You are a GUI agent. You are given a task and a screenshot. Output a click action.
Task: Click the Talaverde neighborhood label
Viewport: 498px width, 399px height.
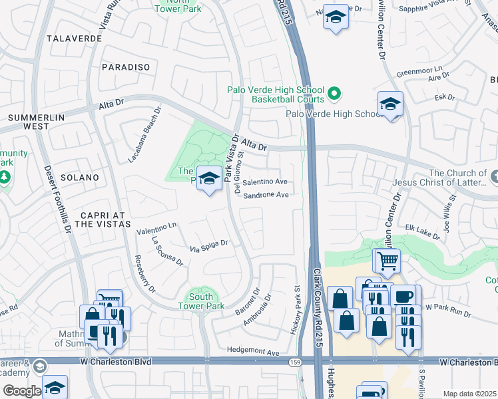click(x=75, y=39)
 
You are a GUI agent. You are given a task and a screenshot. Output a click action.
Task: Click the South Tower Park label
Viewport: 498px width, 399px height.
click(x=200, y=301)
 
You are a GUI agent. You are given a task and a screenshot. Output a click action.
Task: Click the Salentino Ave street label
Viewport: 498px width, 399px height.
click(x=265, y=182)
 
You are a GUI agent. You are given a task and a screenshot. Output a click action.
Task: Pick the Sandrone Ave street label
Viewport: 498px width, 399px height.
click(x=266, y=196)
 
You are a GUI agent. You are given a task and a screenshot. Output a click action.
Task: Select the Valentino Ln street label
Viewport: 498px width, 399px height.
click(x=156, y=229)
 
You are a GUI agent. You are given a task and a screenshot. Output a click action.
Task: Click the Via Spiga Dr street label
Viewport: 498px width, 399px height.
click(x=209, y=246)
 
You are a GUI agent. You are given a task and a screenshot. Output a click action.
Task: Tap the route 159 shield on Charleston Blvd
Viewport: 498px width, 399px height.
click(x=294, y=362)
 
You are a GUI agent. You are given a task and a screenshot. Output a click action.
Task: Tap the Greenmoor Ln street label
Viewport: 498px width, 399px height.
click(x=419, y=69)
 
